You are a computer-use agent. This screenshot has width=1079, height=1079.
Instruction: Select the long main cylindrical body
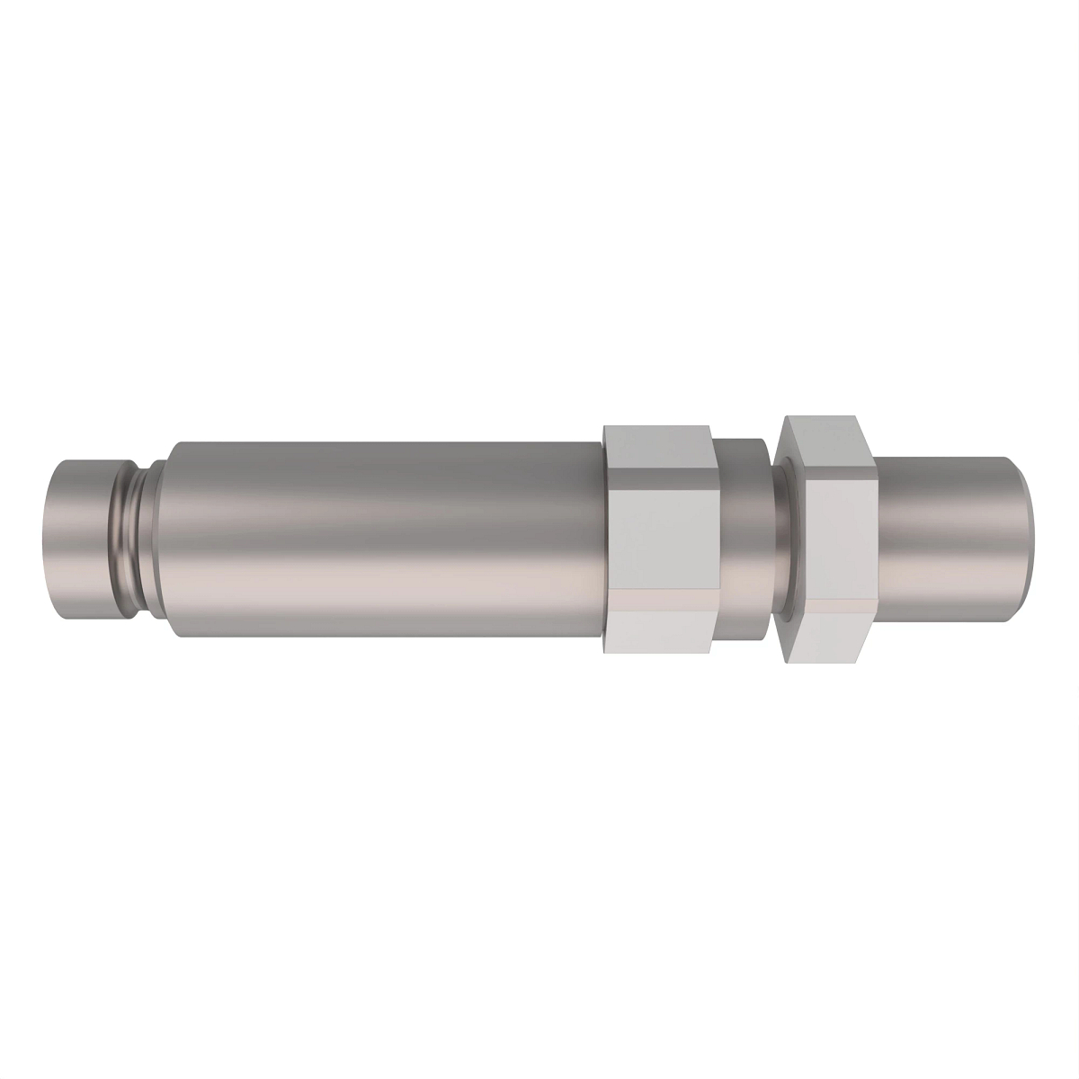coord(378,539)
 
